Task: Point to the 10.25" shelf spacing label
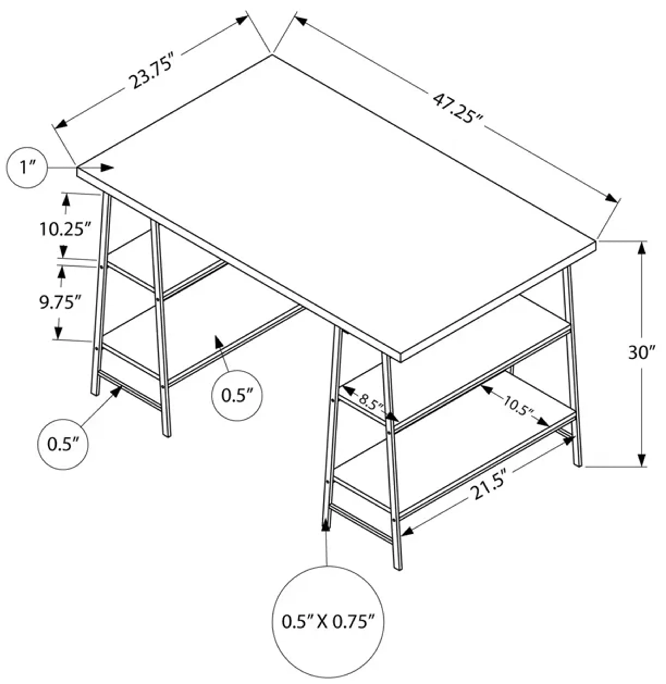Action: point(65,230)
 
